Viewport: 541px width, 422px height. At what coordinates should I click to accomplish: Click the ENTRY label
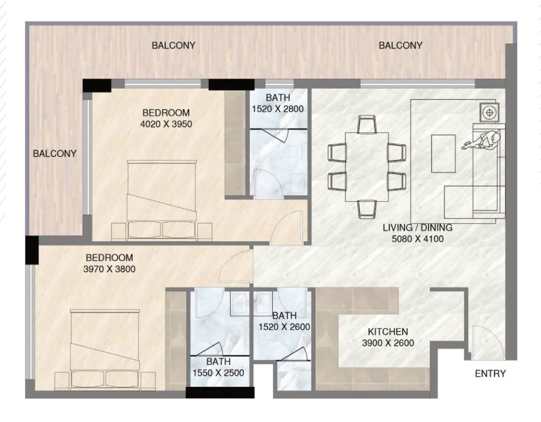[x=490, y=374]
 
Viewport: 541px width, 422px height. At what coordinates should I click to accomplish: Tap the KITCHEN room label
[x=388, y=332]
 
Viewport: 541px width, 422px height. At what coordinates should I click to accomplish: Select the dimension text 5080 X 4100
[x=418, y=239]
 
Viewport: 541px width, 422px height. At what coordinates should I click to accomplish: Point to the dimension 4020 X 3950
[x=166, y=124]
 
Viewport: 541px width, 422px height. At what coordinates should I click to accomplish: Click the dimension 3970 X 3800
[x=109, y=269]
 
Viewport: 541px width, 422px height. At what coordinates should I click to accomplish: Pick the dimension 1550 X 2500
[x=218, y=373]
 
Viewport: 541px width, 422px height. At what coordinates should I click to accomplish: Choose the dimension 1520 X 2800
[x=278, y=109]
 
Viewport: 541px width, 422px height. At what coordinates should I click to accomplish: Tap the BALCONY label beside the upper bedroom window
[x=54, y=153]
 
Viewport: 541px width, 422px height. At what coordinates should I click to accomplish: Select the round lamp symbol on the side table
[x=489, y=112]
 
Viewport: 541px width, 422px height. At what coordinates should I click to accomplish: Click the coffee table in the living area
[x=443, y=153]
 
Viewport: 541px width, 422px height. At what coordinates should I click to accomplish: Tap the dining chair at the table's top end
[x=367, y=124]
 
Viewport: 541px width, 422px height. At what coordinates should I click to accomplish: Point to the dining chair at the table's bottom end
[x=367, y=209]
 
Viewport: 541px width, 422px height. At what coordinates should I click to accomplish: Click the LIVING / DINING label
[x=418, y=227]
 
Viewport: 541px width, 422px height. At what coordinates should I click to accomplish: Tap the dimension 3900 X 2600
[x=388, y=343]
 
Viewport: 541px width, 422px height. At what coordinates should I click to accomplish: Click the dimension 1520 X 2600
[x=284, y=327]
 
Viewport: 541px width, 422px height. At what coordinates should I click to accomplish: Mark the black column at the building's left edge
[x=32, y=250]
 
